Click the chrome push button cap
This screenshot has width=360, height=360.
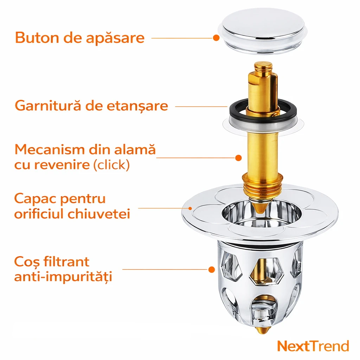pyautogui.click(x=262, y=31)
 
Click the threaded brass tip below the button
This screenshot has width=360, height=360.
pyautogui.click(x=263, y=66)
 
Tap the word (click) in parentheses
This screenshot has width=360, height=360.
pyautogui.click(x=111, y=165)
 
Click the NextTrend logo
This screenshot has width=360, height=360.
pyautogui.click(x=313, y=346)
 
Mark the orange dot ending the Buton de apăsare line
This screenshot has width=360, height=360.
pyautogui.click(x=216, y=38)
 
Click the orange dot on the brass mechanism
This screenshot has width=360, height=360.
pyautogui.click(x=239, y=158)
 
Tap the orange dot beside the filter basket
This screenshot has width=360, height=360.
pyautogui.click(x=212, y=270)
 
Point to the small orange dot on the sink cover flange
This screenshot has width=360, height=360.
pyautogui.click(x=190, y=208)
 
